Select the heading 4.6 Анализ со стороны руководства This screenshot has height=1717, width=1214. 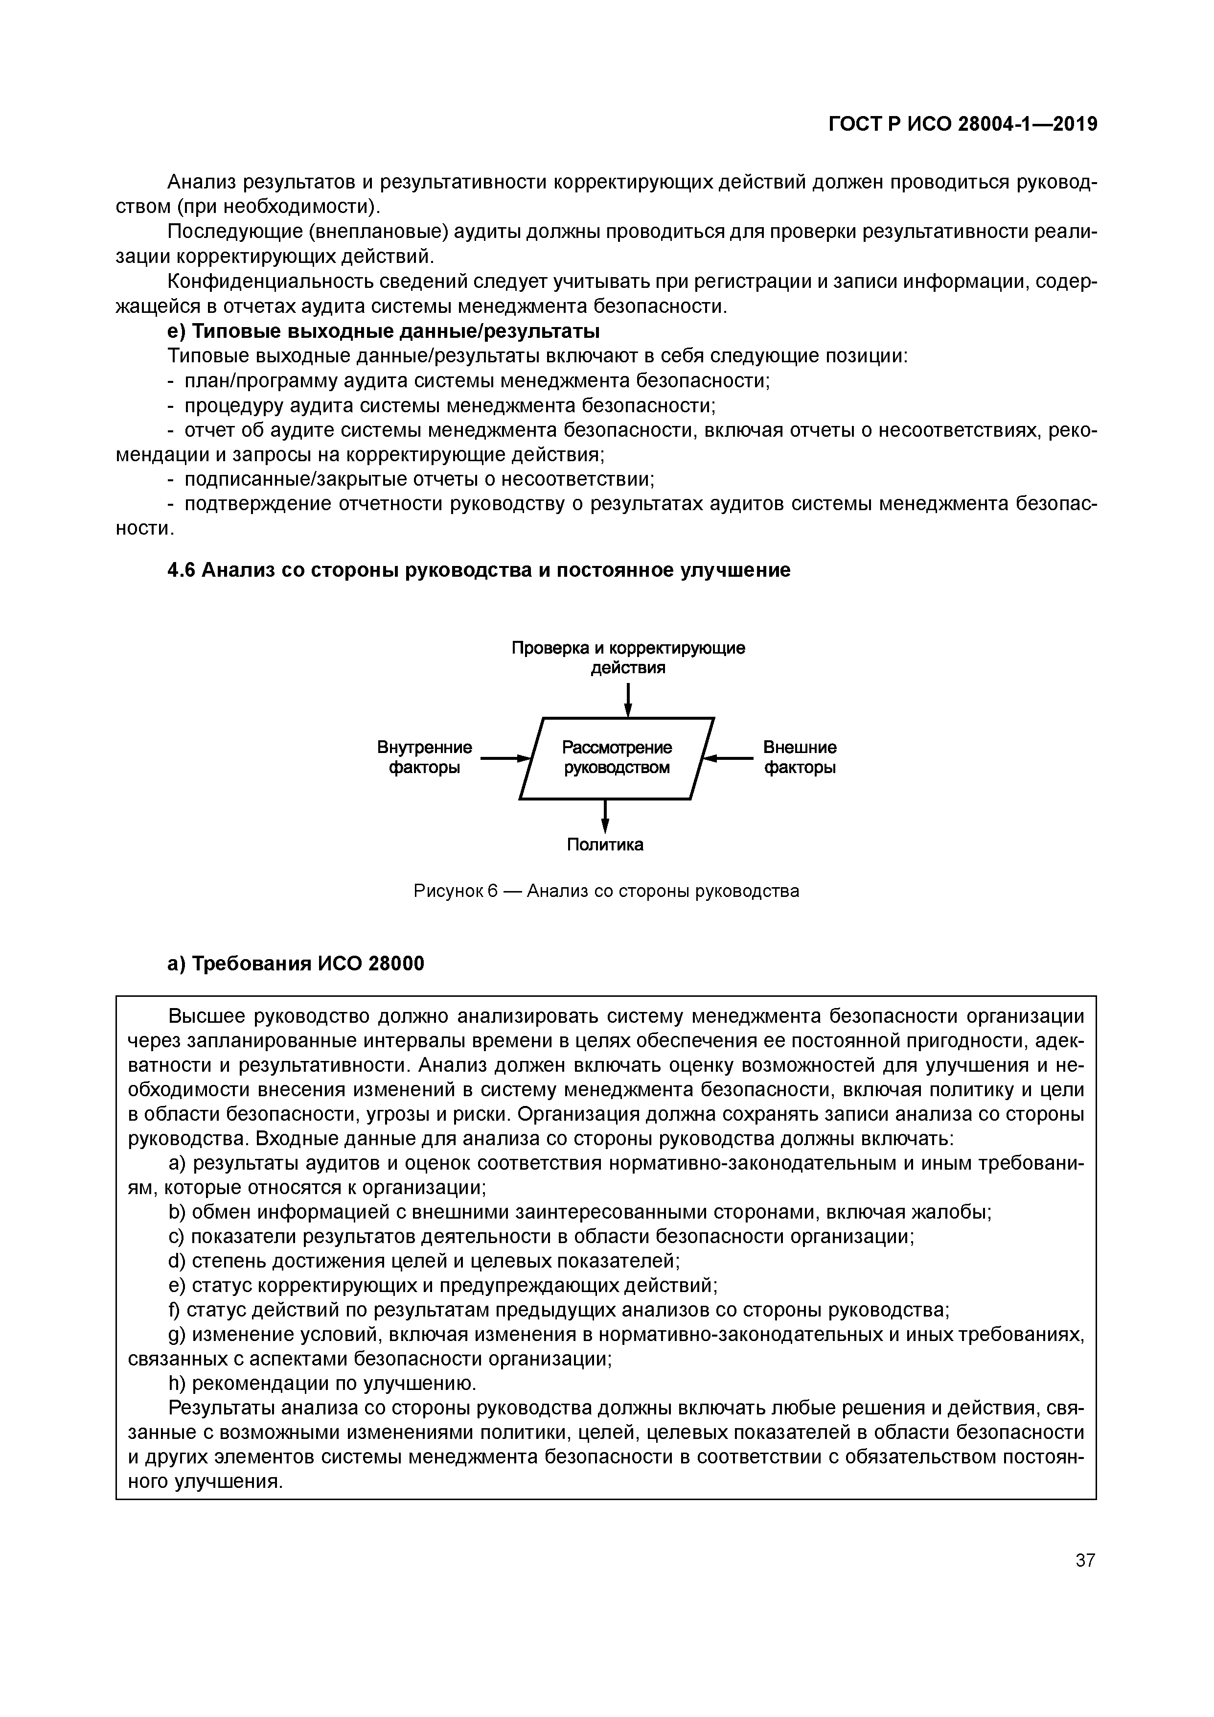pyautogui.click(x=479, y=570)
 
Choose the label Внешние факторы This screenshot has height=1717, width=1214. pyautogui.click(x=799, y=757)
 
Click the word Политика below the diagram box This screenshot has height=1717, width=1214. pyautogui.click(x=605, y=844)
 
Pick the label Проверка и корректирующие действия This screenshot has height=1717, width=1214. pyautogui.click(x=628, y=658)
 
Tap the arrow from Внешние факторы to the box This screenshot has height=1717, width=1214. pyautogui.click(x=729, y=758)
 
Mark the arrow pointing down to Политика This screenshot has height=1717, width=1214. pyautogui.click(x=605, y=816)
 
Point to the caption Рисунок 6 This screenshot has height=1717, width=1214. pyautogui.click(x=606, y=892)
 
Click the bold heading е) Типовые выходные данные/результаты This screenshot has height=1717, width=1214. pyautogui.click(x=384, y=331)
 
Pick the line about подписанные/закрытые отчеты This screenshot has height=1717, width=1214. pyautogui.click(x=411, y=479)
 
